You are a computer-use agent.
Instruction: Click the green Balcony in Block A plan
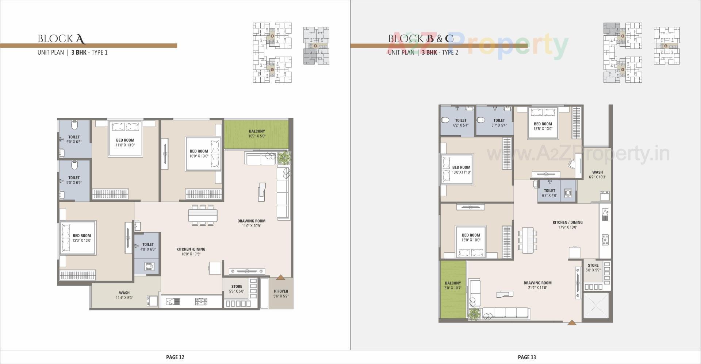[256, 133]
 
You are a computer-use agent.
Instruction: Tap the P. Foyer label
[281, 294]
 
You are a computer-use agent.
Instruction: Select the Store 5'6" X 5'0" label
[237, 289]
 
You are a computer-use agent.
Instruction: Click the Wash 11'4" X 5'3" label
[124, 295]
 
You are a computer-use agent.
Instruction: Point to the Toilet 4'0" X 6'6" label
[148, 247]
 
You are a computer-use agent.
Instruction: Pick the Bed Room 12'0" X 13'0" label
[81, 238]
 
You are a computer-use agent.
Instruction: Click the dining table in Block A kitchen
[203, 215]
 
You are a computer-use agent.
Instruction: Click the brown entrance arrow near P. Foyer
[280, 278]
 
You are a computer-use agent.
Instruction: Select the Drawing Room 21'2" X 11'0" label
[537, 285]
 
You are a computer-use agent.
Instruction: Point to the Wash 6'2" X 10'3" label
[597, 174]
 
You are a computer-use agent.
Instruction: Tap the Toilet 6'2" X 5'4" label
[461, 123]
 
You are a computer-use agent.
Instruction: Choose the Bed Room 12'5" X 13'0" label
[543, 126]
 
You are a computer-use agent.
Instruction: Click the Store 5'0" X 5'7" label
[593, 268]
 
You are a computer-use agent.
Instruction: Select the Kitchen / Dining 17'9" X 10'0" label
[567, 225]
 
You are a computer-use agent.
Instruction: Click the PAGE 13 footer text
[526, 357]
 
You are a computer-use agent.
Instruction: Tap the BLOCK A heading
[61, 39]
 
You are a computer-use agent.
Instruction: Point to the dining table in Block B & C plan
[527, 240]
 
